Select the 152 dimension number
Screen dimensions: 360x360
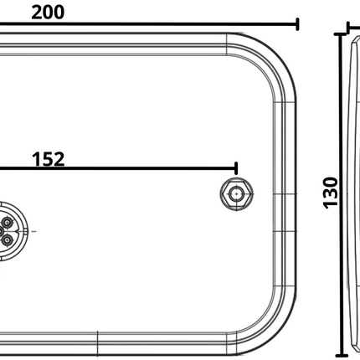[x=47, y=159]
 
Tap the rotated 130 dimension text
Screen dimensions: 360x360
[x=330, y=192]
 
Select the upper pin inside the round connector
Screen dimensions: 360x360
[x=8, y=222]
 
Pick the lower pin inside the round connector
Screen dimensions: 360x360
[x=8, y=239]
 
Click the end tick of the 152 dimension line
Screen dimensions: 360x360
[x=237, y=170]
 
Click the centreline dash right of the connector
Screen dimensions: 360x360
[x=33, y=229]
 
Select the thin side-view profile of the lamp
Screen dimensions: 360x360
[x=352, y=193]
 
